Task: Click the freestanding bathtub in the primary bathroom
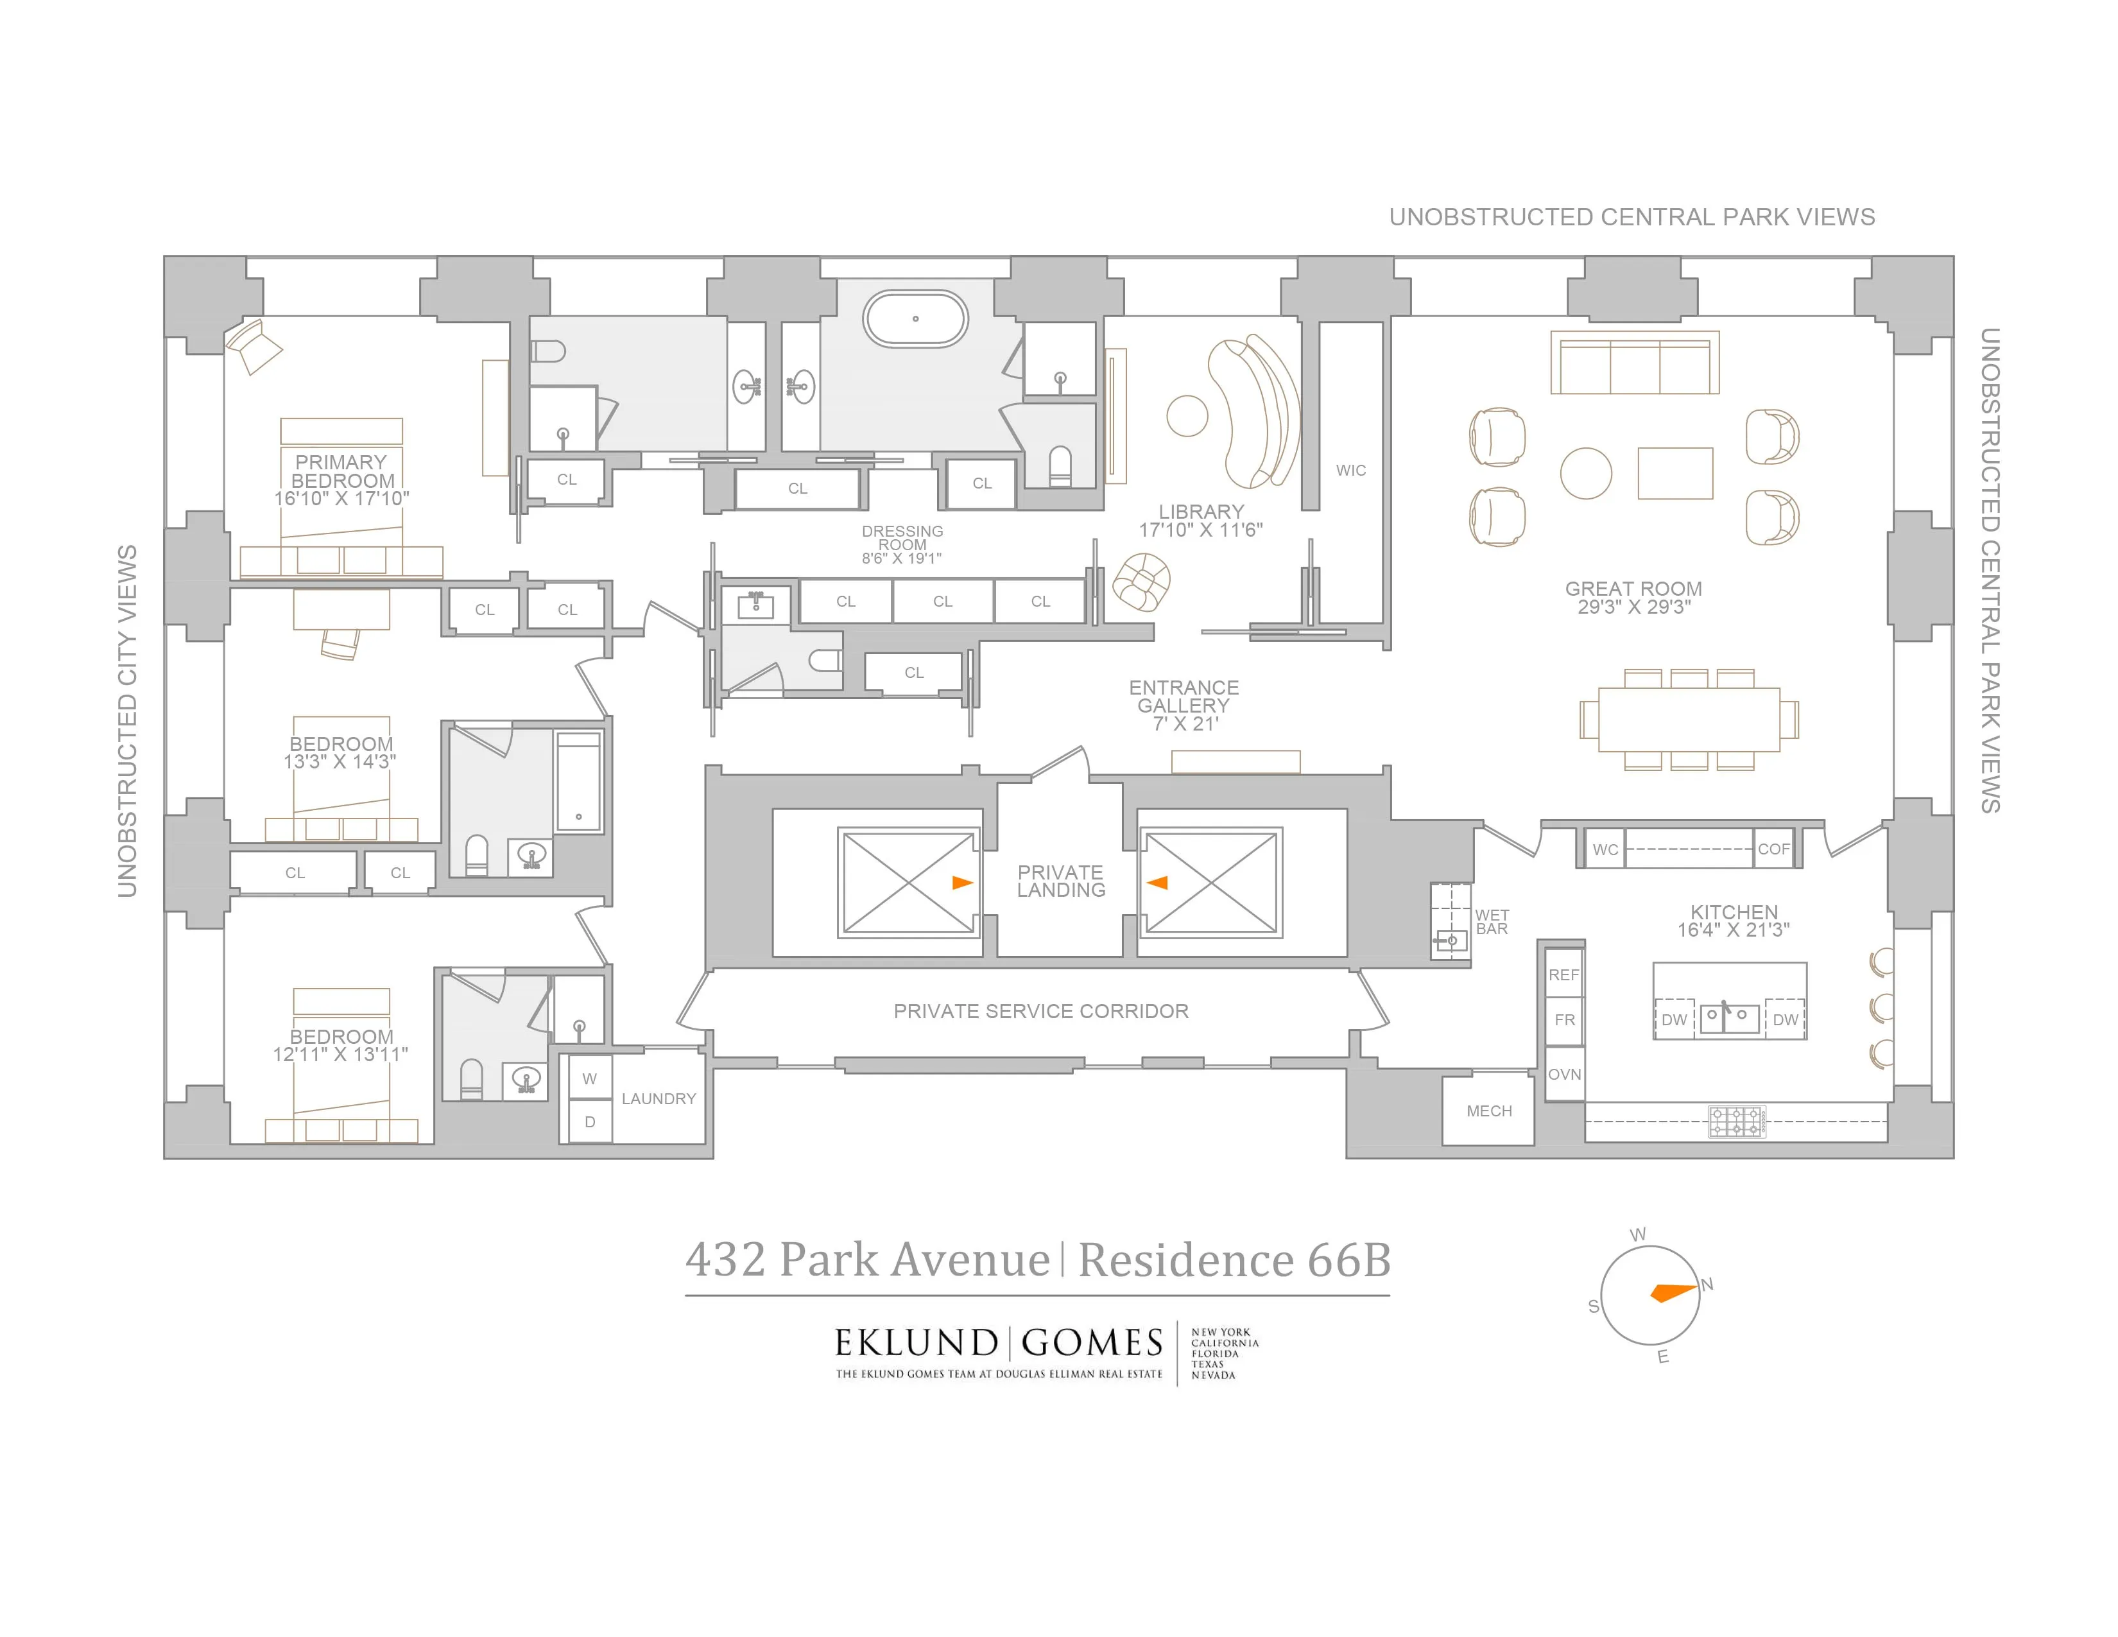(915, 318)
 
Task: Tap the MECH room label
(1488, 1111)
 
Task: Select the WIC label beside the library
(1351, 471)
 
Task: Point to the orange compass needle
(1672, 1293)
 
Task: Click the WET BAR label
(1492, 922)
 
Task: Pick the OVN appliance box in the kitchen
(1564, 1075)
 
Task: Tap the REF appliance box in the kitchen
(1563, 974)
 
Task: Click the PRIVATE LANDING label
(1061, 881)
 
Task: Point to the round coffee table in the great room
(1585, 473)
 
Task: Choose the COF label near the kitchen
(1774, 849)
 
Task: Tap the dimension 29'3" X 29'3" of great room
(1634, 608)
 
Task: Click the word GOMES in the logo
(1092, 1343)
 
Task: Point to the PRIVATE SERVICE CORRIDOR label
(1040, 1012)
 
